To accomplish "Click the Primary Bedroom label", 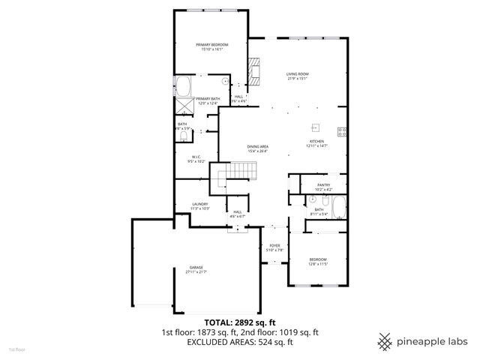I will click(x=212, y=47).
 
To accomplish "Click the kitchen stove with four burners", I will click(x=341, y=132).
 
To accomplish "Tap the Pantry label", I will click(x=324, y=187).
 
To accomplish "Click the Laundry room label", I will click(x=199, y=205).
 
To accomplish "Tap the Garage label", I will click(x=196, y=269).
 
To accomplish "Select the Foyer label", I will click(x=275, y=247).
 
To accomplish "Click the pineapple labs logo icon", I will click(x=385, y=340).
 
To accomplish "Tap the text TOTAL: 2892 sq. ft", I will click(x=240, y=322).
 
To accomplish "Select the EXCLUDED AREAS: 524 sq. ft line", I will click(x=240, y=342).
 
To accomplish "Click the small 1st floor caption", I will click(x=16, y=349).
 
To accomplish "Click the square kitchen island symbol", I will click(x=316, y=127).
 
